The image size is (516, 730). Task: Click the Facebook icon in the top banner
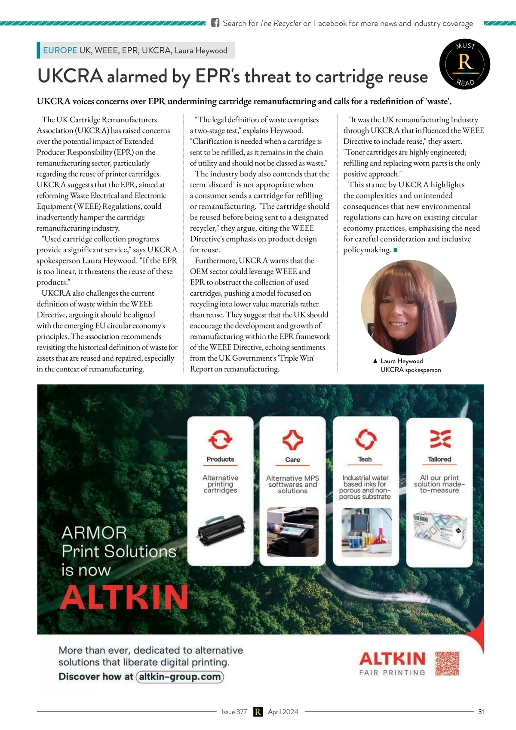[215, 23]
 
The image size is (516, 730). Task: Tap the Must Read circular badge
[465, 64]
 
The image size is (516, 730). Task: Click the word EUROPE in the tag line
[60, 50]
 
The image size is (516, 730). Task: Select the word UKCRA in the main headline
[70, 76]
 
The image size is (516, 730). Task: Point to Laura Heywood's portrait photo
[408, 307]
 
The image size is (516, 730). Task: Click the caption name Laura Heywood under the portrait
[402, 361]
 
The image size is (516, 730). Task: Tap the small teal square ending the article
[395, 250]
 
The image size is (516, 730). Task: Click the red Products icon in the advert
[220, 439]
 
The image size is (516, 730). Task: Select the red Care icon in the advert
[292, 440]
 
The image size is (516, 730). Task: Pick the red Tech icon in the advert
[365, 439]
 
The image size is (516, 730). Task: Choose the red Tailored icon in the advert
[440, 439]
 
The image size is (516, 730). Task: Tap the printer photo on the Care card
[293, 532]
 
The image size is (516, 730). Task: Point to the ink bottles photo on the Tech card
[366, 532]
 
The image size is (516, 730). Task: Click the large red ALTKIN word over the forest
[124, 597]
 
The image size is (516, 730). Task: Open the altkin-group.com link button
[180, 677]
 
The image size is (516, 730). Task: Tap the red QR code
[447, 664]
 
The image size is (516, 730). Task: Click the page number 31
[481, 712]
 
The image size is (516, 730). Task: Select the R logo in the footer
[258, 712]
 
